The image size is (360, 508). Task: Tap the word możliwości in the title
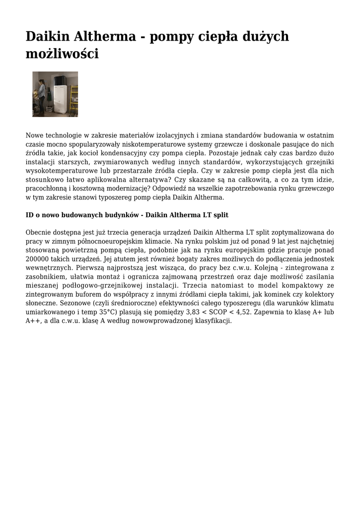[62, 54]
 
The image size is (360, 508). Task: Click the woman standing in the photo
[41, 94]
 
